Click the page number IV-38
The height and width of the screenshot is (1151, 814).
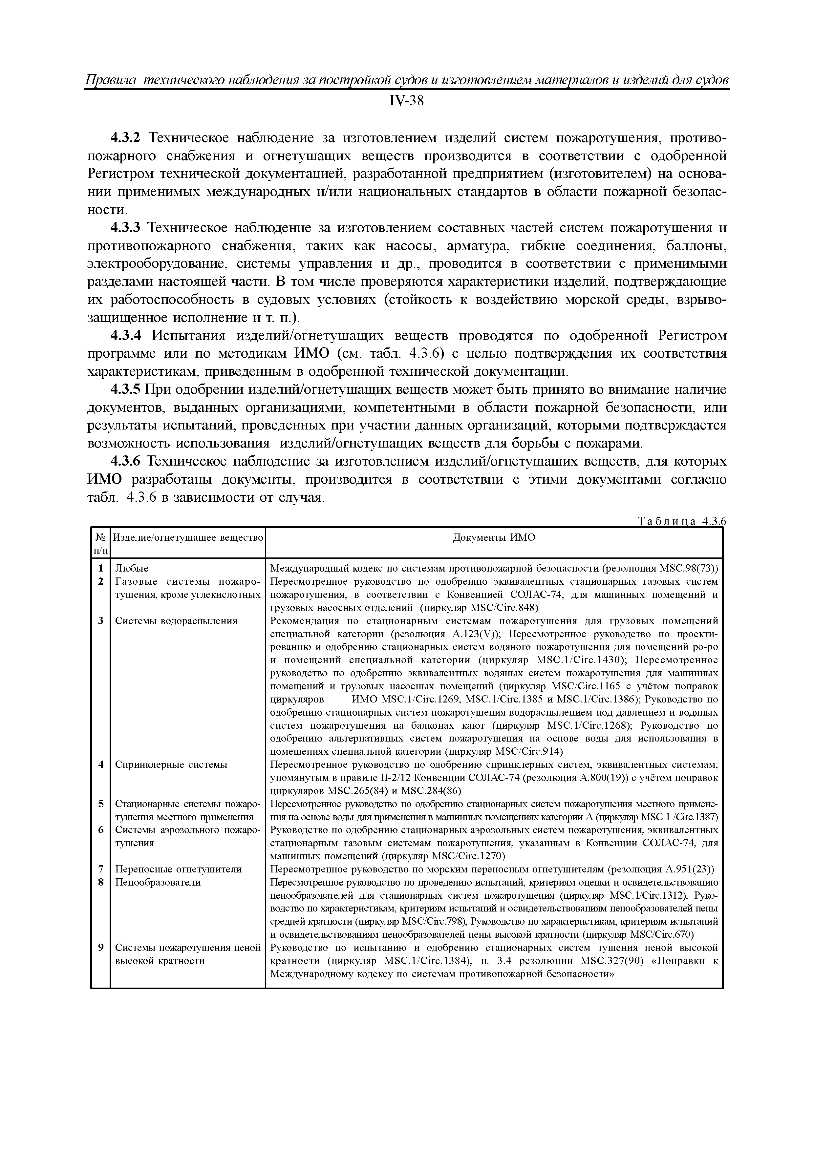click(407, 101)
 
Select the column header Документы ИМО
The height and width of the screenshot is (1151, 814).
click(494, 538)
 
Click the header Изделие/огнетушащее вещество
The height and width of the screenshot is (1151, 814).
click(187, 538)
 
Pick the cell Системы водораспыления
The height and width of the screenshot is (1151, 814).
click(176, 621)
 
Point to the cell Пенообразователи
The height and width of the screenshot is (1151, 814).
click(158, 882)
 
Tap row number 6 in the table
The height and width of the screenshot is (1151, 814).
click(101, 830)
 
